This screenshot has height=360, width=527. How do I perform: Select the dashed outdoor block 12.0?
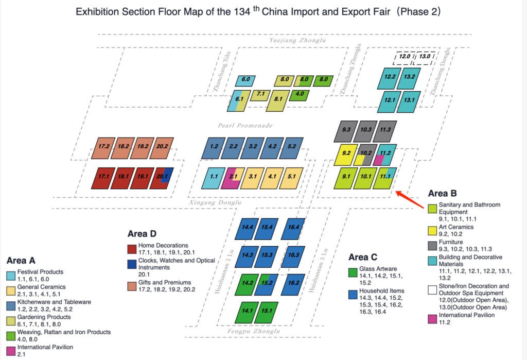coord(405,56)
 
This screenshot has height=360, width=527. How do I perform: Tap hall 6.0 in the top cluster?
coord(245,80)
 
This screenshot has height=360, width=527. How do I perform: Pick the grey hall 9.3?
coord(346,130)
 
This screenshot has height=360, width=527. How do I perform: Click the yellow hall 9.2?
coord(346,153)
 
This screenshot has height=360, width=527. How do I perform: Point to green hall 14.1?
coord(247,312)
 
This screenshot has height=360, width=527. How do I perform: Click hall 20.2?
coord(162,147)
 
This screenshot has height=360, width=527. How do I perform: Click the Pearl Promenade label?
coord(244,126)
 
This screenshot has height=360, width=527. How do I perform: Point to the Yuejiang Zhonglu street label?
coord(297,40)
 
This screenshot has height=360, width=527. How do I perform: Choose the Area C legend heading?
coord(365,257)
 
